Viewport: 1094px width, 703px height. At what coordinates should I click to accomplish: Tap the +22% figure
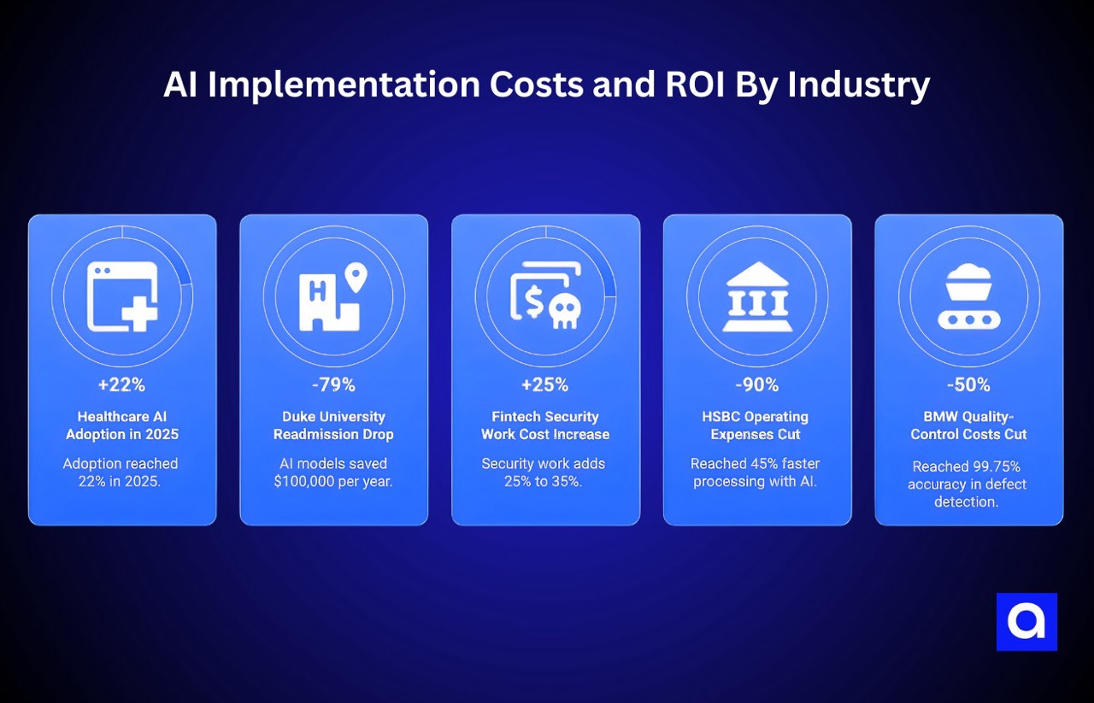tap(121, 385)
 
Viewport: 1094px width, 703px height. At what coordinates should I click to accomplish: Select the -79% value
tap(333, 385)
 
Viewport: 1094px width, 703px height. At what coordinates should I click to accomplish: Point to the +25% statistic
tap(545, 385)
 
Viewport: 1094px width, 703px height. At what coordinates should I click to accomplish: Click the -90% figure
tap(757, 385)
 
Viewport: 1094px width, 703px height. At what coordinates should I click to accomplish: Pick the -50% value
tap(968, 385)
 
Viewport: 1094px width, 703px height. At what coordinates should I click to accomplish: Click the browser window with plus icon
tap(122, 296)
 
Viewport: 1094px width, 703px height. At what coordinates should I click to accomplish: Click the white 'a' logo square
tap(1026, 622)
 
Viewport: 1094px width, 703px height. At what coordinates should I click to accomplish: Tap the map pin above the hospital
tap(355, 276)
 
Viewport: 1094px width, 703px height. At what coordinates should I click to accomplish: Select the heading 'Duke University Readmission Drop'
tap(333, 425)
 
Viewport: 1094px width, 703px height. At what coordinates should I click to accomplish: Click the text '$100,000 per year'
tap(333, 482)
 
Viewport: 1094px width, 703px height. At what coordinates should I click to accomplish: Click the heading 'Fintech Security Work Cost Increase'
tap(545, 425)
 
